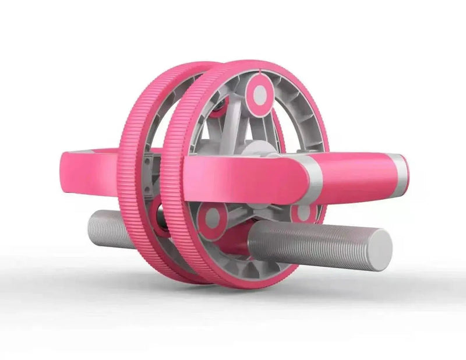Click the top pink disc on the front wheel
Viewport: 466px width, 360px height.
tap(260, 94)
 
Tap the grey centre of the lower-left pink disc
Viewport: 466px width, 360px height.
tap(212, 218)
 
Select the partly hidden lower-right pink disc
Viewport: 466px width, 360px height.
tap(303, 213)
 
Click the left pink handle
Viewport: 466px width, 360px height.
tap(87, 169)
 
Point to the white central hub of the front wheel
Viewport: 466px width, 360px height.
tap(256, 149)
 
